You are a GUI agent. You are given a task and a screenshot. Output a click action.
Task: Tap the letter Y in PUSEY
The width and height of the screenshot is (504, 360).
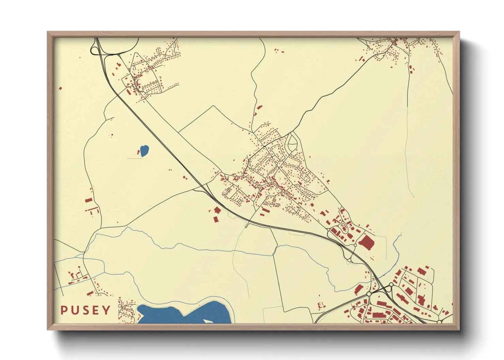point(107,310)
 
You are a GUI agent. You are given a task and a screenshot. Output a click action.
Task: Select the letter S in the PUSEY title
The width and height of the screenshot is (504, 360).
point(85,310)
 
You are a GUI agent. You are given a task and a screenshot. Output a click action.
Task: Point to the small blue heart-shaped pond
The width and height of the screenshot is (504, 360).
point(144,151)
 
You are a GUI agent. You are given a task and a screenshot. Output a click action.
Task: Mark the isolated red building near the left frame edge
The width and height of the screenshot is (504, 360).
point(61,88)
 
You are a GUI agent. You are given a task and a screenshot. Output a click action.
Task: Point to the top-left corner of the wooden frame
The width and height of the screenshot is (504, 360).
point(48,32)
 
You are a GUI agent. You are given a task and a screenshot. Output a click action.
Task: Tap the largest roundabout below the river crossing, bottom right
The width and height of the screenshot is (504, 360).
point(369,294)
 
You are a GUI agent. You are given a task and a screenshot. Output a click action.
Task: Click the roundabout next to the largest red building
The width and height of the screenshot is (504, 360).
point(355,245)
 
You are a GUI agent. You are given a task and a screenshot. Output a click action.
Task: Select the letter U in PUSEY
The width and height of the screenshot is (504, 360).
point(74,310)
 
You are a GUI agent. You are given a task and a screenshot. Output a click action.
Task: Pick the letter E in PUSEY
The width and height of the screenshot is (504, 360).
point(96,310)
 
